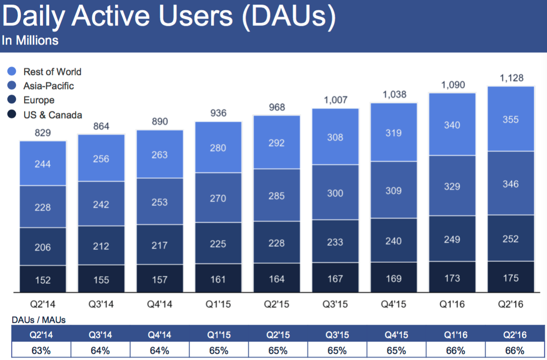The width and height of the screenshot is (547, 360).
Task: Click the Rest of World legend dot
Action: [12, 71]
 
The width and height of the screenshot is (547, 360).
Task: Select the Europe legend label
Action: [39, 100]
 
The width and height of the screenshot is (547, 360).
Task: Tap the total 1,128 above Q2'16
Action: [510, 79]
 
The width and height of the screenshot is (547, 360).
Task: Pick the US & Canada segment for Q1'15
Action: [218, 279]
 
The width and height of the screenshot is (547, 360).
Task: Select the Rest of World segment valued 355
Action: [511, 119]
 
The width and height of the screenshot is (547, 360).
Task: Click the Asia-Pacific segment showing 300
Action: [335, 193]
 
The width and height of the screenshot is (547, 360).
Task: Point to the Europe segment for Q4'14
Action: [160, 245]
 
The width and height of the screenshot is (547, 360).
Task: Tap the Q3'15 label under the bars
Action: [335, 304]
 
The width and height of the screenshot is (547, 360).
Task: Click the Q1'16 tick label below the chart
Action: [452, 304]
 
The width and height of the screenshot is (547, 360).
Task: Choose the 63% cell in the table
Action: [41, 350]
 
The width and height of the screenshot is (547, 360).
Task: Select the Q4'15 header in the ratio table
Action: [396, 335]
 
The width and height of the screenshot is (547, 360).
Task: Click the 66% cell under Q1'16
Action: [456, 350]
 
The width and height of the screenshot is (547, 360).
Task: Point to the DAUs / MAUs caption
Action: [39, 320]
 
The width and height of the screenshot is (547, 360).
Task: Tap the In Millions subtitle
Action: [30, 40]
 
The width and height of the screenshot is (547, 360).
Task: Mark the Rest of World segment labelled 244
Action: [43, 164]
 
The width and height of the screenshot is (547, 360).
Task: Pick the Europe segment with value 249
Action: [452, 239]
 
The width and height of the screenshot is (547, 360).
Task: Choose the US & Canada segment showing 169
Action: [394, 278]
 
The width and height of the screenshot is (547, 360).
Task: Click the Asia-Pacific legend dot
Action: [12, 85]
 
